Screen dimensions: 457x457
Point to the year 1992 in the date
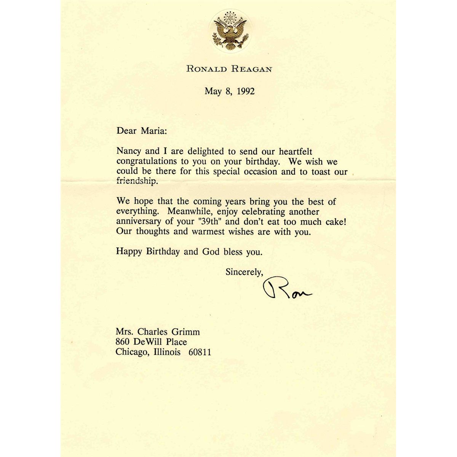point(243,91)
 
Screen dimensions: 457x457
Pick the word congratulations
point(146,161)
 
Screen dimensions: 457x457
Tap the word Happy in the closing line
point(128,252)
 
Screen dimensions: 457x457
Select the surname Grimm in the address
point(187,332)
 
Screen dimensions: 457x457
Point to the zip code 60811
point(200,352)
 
